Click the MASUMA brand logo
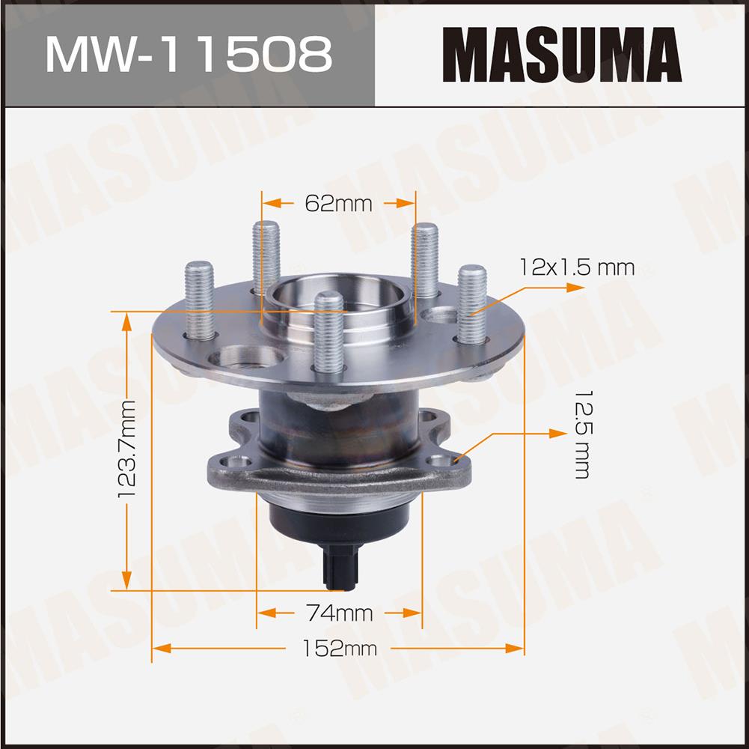click(x=562, y=55)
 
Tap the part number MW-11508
click(x=189, y=54)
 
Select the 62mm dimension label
click(x=338, y=204)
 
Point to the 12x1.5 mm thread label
click(x=577, y=267)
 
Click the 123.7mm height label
click(x=127, y=449)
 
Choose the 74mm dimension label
click(x=339, y=613)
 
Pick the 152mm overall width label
click(x=340, y=649)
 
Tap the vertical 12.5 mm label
click(x=582, y=434)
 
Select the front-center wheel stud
click(x=329, y=332)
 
